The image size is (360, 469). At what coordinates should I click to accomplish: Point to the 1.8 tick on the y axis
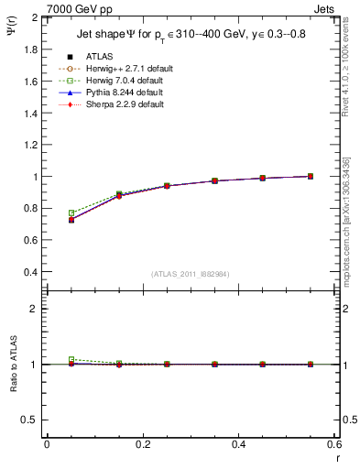coord(32,49)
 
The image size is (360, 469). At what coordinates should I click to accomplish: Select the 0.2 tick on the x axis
coord(142,444)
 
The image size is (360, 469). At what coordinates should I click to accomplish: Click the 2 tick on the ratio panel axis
coord(36,310)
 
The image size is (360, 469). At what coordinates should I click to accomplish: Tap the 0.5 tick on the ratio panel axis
coord(32,420)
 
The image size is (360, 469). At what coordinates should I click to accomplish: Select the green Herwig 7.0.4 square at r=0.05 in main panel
coord(71,213)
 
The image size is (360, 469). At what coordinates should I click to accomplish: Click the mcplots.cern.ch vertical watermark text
coord(349,238)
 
